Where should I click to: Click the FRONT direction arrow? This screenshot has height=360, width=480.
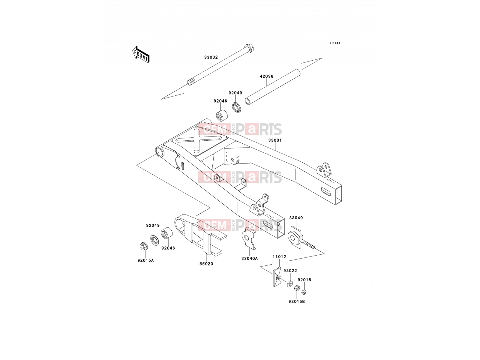tap(141, 54)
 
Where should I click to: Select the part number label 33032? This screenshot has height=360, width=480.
tap(211, 58)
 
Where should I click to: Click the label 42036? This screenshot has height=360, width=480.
tap(267, 76)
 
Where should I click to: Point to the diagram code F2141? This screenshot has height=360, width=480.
tap(335, 43)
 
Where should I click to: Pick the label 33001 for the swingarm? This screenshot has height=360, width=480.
tap(275, 140)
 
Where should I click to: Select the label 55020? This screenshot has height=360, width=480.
tap(206, 264)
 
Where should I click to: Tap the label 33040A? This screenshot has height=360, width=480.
tap(250, 259)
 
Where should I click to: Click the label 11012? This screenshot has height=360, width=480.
tap(279, 256)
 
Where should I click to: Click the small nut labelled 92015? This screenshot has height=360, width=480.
tap(304, 292)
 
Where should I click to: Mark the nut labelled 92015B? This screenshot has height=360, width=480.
tap(297, 288)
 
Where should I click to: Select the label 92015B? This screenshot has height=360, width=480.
tap(296, 301)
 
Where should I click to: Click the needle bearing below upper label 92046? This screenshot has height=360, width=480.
tap(222, 116)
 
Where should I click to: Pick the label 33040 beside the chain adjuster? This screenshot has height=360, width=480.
tap(296, 218)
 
